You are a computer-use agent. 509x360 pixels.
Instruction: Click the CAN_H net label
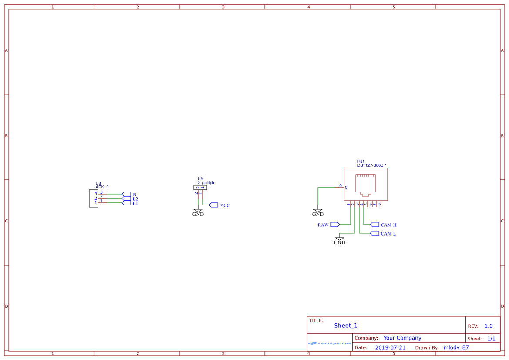coord(388,225)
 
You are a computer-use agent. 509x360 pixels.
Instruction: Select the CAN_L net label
coord(388,234)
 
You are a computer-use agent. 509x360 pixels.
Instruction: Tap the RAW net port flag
coord(335,225)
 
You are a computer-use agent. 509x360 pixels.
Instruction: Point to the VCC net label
coord(225,205)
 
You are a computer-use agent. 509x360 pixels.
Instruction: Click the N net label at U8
coord(135,195)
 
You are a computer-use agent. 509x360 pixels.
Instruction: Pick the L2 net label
coord(135,199)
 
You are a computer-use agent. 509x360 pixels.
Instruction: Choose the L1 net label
coord(135,203)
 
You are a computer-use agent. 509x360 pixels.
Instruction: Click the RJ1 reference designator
coord(361,161)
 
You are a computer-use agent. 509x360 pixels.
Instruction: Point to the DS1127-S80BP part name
coord(371,165)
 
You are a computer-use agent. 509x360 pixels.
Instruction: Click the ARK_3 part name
coord(102,187)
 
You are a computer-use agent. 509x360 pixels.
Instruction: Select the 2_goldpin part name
coord(206,183)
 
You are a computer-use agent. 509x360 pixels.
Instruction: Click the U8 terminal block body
coord(93,199)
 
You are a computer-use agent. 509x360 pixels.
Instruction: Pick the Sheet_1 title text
coord(346,326)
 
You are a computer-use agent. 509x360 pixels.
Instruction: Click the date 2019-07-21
coord(390,347)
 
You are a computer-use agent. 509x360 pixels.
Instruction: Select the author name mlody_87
coord(456,347)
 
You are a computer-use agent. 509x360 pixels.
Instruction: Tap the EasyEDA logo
coord(330,343)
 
